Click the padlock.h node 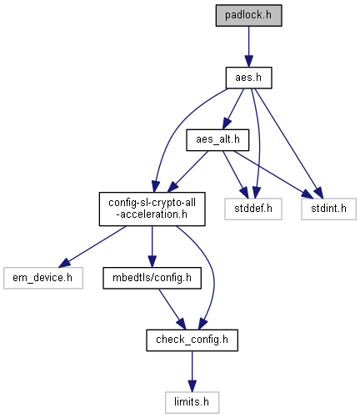(x=248, y=15)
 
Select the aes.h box (x=248, y=78)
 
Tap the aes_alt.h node (x=217, y=140)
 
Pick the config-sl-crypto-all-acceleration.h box (x=152, y=209)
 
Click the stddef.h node (x=253, y=209)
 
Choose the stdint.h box (x=328, y=209)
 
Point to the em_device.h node (x=43, y=278)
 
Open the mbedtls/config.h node (x=152, y=278)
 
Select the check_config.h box (x=192, y=340)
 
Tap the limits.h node (x=192, y=402)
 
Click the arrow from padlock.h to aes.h (x=248, y=47)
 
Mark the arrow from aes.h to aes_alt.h (x=233, y=108)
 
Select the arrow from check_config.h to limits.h (x=192, y=371)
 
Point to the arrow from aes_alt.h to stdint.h (x=273, y=174)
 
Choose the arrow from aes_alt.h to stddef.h (x=235, y=174)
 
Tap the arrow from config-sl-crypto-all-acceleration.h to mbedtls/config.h (x=152, y=246)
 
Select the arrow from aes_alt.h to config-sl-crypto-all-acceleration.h (x=187, y=172)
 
